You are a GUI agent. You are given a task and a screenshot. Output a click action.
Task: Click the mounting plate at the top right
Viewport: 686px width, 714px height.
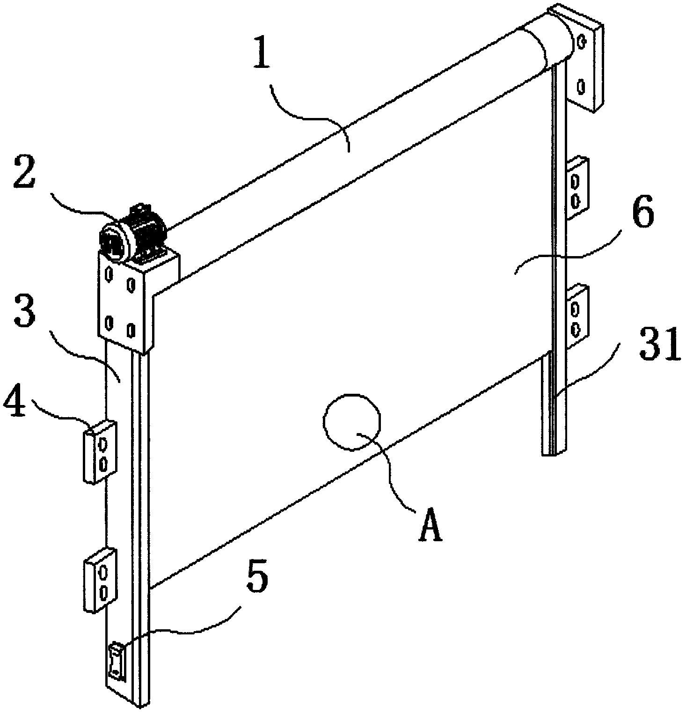point(585,61)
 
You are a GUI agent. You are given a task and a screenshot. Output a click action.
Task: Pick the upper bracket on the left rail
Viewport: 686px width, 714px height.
point(100,450)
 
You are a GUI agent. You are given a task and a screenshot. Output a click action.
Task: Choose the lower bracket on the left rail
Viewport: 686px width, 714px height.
point(100,579)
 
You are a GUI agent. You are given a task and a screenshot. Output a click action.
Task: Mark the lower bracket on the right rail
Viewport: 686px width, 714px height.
point(578,317)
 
